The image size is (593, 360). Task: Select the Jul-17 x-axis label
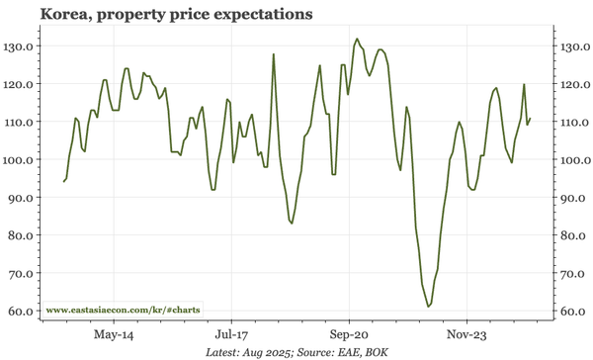pos(231,334)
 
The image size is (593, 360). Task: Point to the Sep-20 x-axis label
pos(349,334)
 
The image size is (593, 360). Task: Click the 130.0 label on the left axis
pos(22,46)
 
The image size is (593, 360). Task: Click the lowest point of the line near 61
pos(428,307)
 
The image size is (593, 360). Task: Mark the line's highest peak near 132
pos(356,40)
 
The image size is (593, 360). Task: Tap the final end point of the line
pos(531,119)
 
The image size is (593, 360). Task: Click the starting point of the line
pos(64,181)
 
